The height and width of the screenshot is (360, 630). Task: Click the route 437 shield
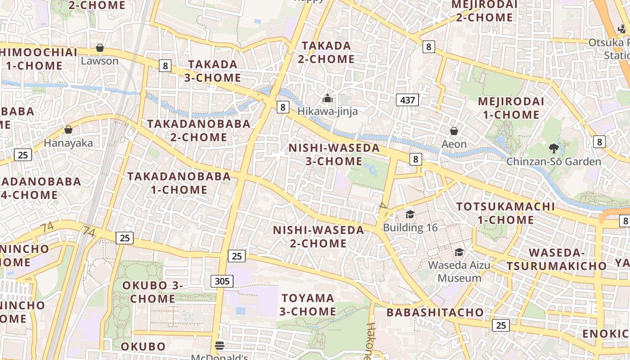pyautogui.click(x=408, y=100)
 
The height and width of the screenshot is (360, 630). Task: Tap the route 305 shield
pyautogui.click(x=222, y=281)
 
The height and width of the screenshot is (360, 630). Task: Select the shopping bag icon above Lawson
pyautogui.click(x=100, y=48)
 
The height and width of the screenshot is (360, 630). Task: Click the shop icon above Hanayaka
pyautogui.click(x=68, y=130)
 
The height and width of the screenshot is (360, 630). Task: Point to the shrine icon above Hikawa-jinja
pyautogui.click(x=328, y=98)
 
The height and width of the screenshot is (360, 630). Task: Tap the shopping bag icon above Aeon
pyautogui.click(x=454, y=131)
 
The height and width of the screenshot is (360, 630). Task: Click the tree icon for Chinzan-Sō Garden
pyautogui.click(x=553, y=148)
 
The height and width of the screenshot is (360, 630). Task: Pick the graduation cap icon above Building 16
pyautogui.click(x=410, y=214)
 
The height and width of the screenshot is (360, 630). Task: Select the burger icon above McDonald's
pyautogui.click(x=220, y=346)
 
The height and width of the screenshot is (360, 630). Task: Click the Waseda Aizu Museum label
pyautogui.click(x=459, y=271)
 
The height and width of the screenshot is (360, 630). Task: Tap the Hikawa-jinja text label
pyautogui.click(x=328, y=111)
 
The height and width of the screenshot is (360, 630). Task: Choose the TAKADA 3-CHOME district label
pyautogui.click(x=212, y=71)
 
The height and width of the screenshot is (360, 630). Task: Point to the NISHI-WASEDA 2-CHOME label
pyautogui.click(x=319, y=237)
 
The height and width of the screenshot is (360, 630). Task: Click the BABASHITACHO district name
pyautogui.click(x=435, y=312)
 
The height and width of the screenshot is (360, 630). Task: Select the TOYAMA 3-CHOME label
pyautogui.click(x=308, y=305)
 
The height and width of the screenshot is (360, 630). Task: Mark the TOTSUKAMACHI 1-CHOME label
pyautogui.click(x=506, y=213)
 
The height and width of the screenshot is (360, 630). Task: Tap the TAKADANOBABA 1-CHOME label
pyautogui.click(x=179, y=183)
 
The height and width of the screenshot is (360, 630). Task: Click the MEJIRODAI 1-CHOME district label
pyautogui.click(x=511, y=108)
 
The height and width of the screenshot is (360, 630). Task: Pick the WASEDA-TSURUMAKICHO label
pyautogui.click(x=557, y=260)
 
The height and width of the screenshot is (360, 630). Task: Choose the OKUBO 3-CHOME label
pyautogui.click(x=153, y=292)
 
